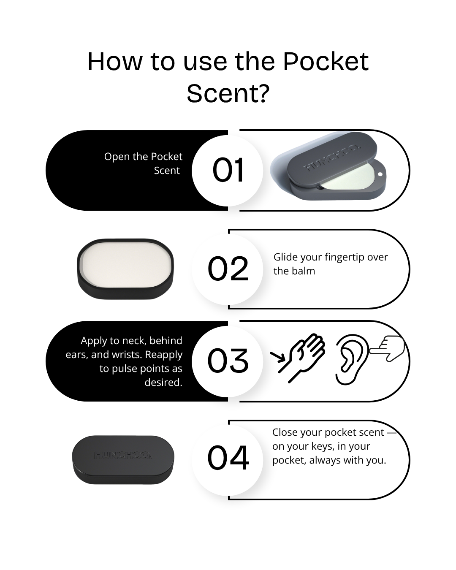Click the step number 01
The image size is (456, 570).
click(228, 170)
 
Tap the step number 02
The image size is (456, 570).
click(228, 269)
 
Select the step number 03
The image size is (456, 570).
click(228, 361)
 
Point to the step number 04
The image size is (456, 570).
click(228, 458)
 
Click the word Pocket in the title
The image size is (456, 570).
click(326, 62)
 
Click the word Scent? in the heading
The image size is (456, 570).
click(228, 93)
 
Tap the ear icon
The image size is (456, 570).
click(350, 360)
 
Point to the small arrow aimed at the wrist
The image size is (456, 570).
click(277, 357)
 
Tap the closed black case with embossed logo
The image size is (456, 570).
click(123, 459)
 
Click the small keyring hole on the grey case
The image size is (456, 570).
click(380, 174)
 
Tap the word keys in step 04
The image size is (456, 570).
click(322, 447)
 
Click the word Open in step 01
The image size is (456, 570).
click(117, 157)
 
